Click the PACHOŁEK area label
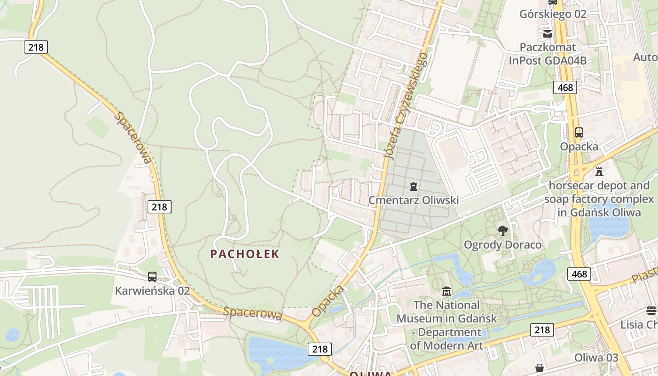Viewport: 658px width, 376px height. [244, 254]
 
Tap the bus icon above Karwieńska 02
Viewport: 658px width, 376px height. [152, 277]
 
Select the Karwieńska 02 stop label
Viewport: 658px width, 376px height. [152, 290]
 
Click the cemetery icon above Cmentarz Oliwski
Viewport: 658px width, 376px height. [413, 187]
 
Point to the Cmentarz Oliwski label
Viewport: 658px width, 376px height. [413, 200]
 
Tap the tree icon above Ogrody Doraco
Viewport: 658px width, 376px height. [502, 231]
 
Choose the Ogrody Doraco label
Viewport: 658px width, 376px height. [502, 245]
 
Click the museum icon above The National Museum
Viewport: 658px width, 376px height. [446, 291]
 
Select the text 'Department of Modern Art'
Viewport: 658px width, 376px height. [446, 339]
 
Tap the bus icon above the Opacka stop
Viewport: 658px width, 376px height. [579, 133]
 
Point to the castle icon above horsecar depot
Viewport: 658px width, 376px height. [599, 172]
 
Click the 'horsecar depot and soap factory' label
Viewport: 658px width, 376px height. [599, 199]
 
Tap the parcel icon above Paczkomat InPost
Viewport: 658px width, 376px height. [548, 33]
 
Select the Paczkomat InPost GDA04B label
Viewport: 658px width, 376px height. [548, 54]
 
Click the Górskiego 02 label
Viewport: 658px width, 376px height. [553, 14]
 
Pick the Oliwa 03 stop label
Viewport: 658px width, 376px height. [596, 358]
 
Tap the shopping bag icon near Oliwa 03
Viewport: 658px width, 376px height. [540, 368]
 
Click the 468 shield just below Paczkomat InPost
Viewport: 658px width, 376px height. [565, 87]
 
